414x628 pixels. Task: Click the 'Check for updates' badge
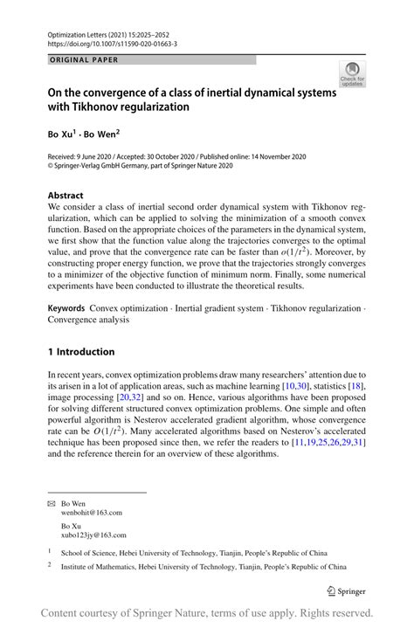coord(352,73)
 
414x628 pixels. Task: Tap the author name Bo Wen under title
coord(103,136)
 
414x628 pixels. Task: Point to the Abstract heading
coord(66,196)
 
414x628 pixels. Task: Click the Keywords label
coord(66,308)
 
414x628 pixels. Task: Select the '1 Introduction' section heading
coord(80,352)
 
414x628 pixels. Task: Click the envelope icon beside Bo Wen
coord(51,503)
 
